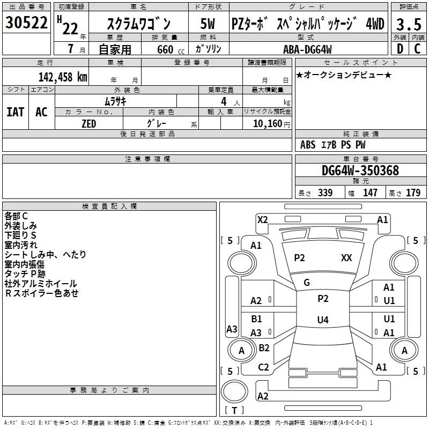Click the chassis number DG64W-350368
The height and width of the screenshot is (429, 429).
(x=360, y=171)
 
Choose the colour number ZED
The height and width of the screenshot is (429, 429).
(x=88, y=123)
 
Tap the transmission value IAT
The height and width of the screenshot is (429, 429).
(x=16, y=112)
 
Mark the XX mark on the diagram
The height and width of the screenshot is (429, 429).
(x=346, y=258)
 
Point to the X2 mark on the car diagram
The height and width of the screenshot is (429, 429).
(x=262, y=219)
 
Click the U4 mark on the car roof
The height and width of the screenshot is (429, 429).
(x=322, y=320)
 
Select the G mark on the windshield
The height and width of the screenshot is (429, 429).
(x=307, y=283)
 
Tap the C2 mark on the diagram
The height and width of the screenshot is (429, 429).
(x=263, y=367)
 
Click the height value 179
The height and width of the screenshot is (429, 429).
(x=413, y=193)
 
